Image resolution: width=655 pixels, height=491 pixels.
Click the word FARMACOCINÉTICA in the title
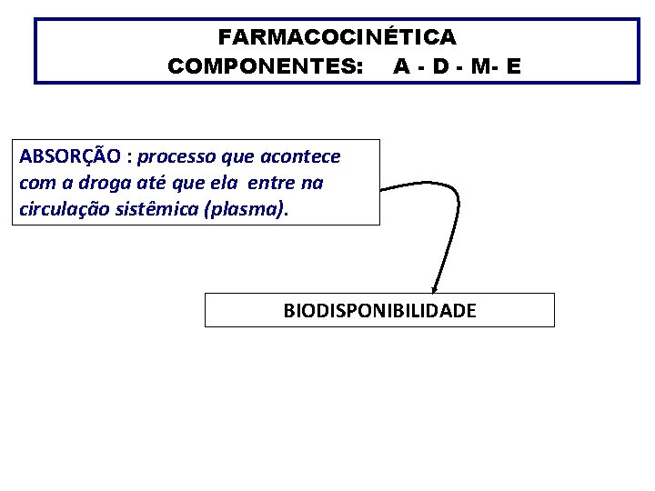[337, 37]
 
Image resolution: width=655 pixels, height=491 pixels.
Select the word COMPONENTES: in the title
[265, 66]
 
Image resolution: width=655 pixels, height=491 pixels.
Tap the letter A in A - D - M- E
[401, 66]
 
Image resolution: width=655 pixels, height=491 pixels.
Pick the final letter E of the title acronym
[515, 66]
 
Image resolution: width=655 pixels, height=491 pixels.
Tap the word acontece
[305, 156]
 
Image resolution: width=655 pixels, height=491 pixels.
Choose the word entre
[272, 183]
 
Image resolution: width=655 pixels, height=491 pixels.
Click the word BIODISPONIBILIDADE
[379, 311]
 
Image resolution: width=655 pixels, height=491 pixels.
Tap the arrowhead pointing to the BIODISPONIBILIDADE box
[435, 288]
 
